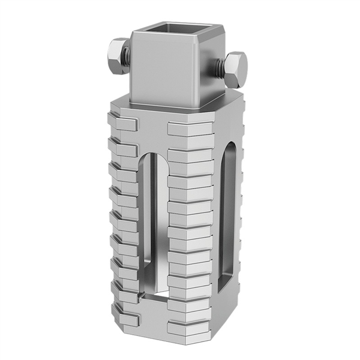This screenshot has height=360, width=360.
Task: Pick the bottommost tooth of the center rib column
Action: [190, 328]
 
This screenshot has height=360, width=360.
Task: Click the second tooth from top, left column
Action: [122, 148]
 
